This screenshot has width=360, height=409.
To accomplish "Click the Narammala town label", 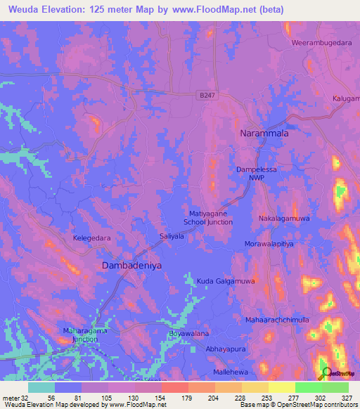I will point(265,132).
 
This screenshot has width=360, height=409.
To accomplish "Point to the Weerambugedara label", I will point(321,43).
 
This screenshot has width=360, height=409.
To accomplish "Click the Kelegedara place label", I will point(92,238).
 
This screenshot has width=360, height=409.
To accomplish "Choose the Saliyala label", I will point(172,237).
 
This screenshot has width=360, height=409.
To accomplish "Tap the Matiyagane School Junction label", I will point(208,217).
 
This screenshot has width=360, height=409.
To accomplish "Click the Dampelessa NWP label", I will point(260,174).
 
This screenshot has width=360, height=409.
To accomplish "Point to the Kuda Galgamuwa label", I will point(225,280).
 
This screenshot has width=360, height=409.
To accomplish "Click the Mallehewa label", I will point(231,372).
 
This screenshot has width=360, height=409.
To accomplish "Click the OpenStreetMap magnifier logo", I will point(326,372).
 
